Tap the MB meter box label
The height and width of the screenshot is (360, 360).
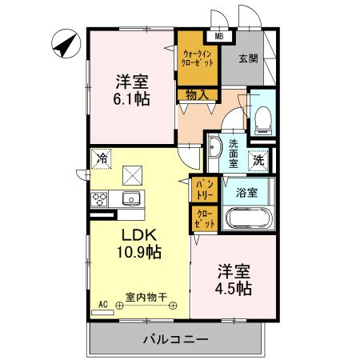pyautogui.click(x=218, y=35)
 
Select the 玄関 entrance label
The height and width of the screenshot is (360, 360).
pyautogui.click(x=247, y=57)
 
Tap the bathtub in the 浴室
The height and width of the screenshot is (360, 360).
pyautogui.click(x=249, y=218)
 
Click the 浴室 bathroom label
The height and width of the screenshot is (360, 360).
pyautogui.click(x=246, y=192)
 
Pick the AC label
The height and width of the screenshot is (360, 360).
pyautogui.click(x=102, y=303)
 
